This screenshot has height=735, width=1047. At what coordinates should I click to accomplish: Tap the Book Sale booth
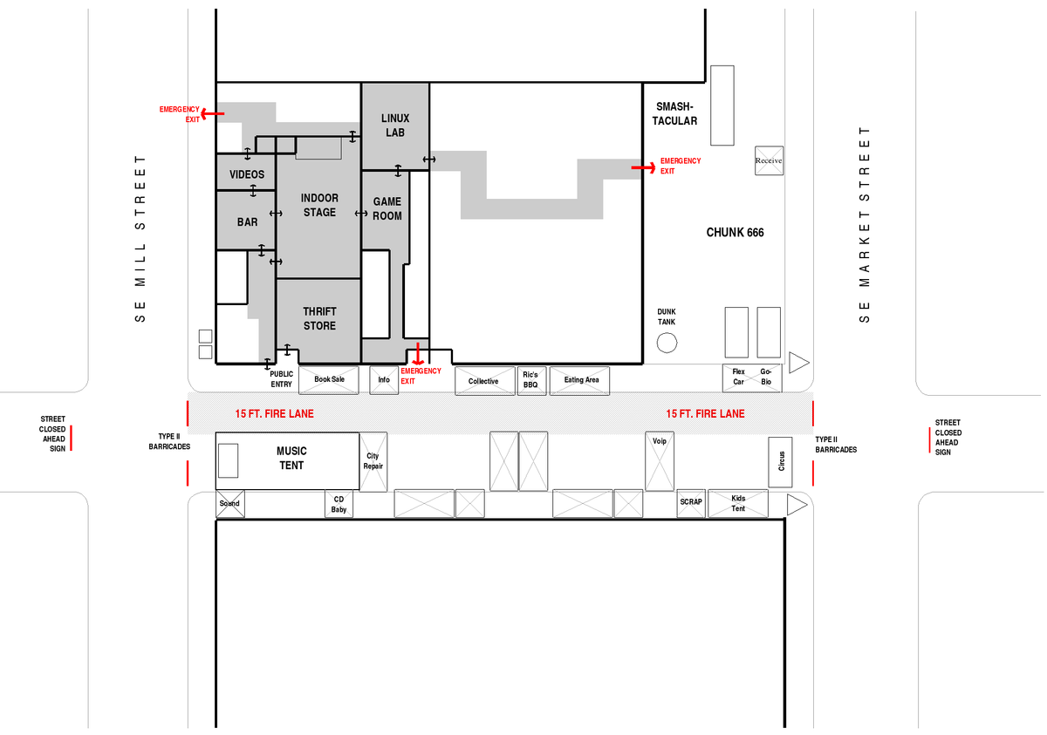[329, 380]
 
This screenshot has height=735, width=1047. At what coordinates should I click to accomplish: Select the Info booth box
[384, 380]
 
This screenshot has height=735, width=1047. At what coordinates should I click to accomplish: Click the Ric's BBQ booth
[531, 380]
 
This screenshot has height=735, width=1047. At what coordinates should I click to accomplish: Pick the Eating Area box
[579, 380]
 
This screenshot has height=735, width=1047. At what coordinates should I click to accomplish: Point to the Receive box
[769, 160]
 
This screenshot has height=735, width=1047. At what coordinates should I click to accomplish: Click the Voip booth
[660, 461]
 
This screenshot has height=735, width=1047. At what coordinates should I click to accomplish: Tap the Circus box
[780, 462]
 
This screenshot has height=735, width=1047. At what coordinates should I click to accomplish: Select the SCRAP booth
[691, 503]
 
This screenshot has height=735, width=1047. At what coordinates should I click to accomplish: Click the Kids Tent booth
[738, 503]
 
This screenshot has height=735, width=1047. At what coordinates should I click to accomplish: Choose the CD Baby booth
[339, 504]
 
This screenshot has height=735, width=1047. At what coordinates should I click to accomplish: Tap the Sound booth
[230, 504]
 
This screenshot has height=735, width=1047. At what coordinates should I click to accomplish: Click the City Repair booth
[373, 462]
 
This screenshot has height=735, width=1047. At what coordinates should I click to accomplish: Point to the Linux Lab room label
[395, 126]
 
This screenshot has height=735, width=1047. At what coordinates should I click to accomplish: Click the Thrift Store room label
[319, 318]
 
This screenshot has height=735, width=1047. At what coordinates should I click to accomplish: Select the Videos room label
[247, 174]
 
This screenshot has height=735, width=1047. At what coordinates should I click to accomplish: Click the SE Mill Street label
[140, 239]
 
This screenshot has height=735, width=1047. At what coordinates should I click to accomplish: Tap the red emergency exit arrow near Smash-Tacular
[643, 167]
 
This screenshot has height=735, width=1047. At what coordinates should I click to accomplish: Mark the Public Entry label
[281, 379]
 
